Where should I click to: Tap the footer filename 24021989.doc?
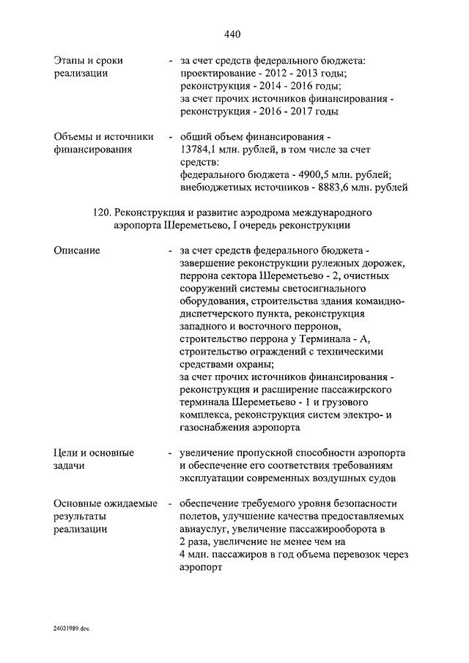coord(70,629)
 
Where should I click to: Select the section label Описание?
coord(77,251)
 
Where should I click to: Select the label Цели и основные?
coord(95,453)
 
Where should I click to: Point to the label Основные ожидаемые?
coord(106,504)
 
